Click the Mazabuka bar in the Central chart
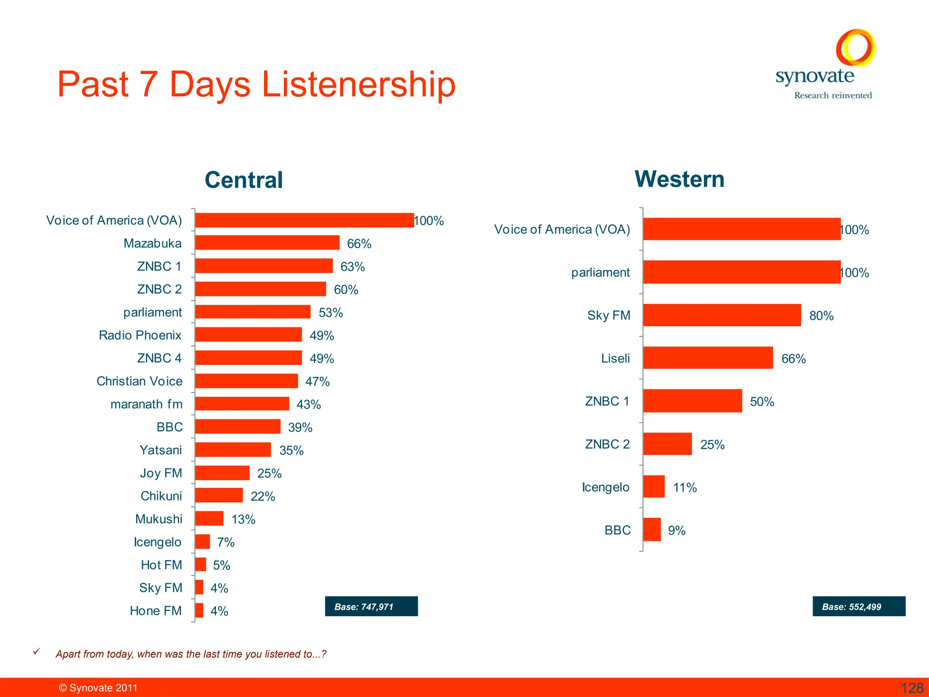pos(267,243)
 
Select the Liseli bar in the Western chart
pos(708,358)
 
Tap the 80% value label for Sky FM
pos(821,316)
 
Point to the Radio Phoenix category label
pos(140,335)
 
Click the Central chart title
pos(244,180)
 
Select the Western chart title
pos(679,179)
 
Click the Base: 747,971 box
pos(371,607)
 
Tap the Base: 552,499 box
pos(858,607)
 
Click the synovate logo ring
pos(856,48)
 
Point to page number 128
pos(912,688)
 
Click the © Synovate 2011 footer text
pos(98,688)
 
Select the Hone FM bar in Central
pos(199,611)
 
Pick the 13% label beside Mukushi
pos(243,520)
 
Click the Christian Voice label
pos(139,381)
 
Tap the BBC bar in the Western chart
pos(652,530)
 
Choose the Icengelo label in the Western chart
pos(606,487)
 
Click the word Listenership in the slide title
pos(358,85)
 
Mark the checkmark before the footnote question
pos(37,652)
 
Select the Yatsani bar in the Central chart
pos(233,450)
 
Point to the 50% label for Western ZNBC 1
pos(762,402)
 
